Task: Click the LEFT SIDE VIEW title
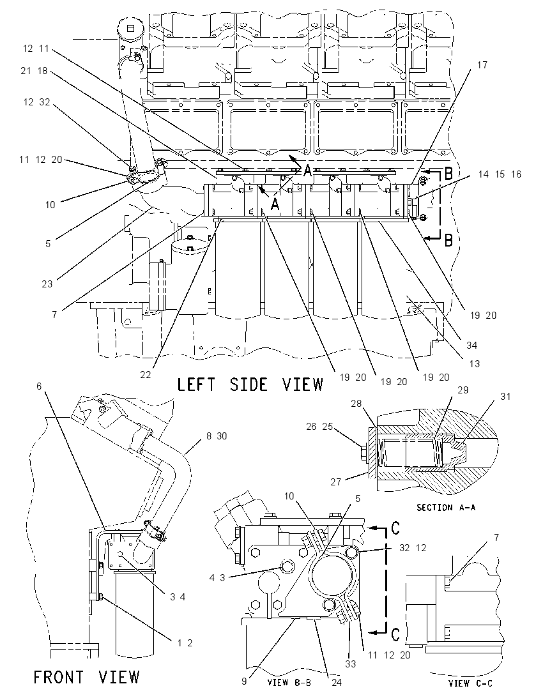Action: coord(250,384)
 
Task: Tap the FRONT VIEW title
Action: coord(87,677)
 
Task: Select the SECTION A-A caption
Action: coord(446,507)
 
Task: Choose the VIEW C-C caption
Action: coord(471,683)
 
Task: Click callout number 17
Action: coord(482,65)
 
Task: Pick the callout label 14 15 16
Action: coord(499,174)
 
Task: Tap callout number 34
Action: coord(471,345)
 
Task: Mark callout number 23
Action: coord(47,284)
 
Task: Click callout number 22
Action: coord(146,375)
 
